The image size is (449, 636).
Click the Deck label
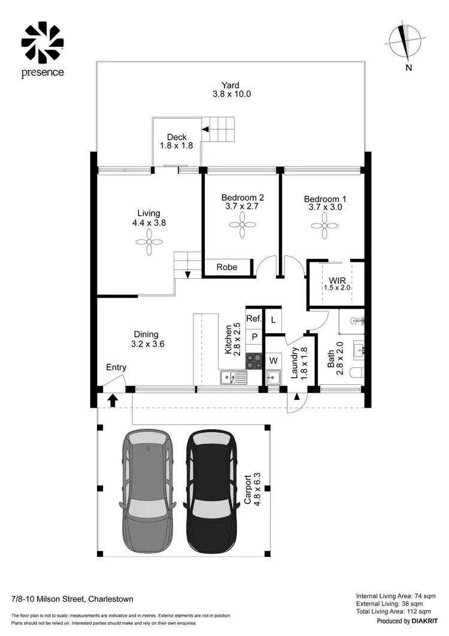(x=176, y=137)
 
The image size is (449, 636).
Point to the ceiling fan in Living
(x=148, y=242)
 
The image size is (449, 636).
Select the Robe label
(x=226, y=267)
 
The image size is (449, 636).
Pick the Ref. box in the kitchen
(x=254, y=319)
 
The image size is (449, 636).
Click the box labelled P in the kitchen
(x=254, y=337)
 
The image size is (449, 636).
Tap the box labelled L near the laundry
(x=273, y=319)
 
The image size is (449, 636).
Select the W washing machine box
(x=273, y=360)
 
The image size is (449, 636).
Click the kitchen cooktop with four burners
(x=254, y=361)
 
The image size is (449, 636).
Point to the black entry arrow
(x=113, y=400)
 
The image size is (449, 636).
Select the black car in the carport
(x=213, y=492)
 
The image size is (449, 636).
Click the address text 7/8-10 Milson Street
(x=72, y=599)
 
